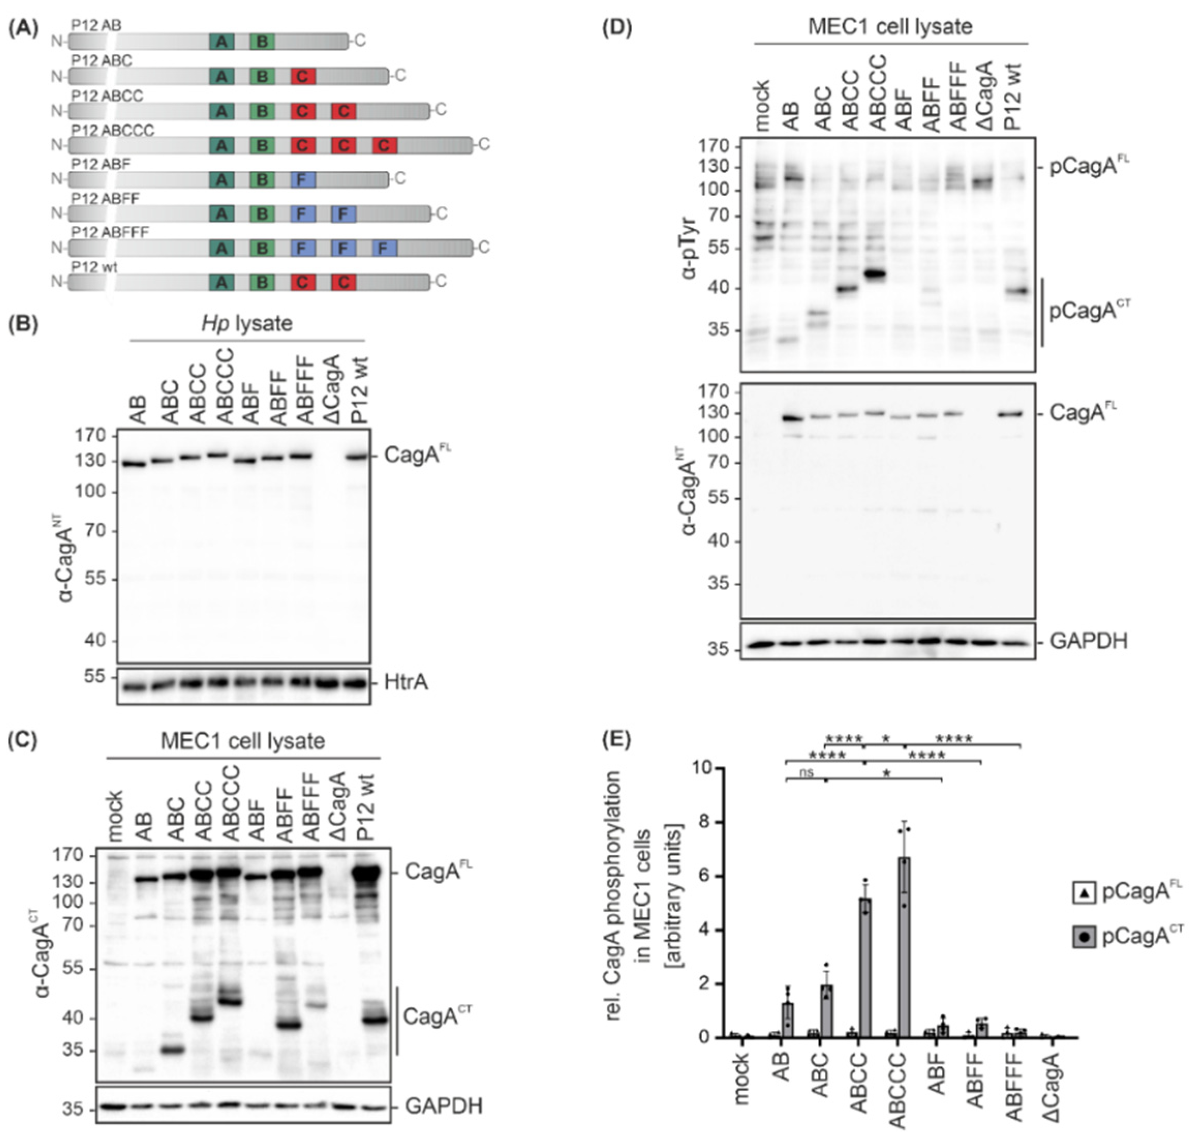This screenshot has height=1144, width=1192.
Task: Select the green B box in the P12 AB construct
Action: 262,41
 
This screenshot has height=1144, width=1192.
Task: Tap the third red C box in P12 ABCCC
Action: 384,145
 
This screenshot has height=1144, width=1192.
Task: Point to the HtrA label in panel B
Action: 406,683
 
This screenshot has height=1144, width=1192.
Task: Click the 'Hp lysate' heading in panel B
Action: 247,323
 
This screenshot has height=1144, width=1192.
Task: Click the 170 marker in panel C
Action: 76,856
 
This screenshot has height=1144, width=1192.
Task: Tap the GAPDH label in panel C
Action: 443,1105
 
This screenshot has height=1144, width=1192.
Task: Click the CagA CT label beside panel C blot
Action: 437,1016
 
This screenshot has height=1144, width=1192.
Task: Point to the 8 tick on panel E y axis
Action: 704,822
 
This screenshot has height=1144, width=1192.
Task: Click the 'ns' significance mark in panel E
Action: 807,773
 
